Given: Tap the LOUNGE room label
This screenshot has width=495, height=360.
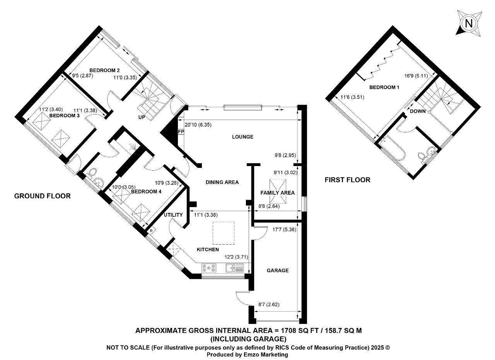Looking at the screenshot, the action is (242, 137).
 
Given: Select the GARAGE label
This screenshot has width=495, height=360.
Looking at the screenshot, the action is (277, 271).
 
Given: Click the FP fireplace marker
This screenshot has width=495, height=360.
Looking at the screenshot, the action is (181, 132).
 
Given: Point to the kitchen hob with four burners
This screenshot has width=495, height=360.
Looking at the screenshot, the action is (208, 268).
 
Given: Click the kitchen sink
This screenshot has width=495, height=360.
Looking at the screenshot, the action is (234, 268).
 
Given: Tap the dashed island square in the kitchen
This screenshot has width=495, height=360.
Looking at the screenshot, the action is (224, 233).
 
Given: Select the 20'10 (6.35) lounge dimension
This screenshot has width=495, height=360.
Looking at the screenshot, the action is (198, 125).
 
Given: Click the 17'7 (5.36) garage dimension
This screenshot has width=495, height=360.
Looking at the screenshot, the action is (284, 230).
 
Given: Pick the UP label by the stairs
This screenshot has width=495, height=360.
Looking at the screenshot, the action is (142, 117).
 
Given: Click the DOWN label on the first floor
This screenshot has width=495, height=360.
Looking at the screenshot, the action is (418, 111).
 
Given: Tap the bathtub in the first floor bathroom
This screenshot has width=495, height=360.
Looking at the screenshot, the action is (392, 149).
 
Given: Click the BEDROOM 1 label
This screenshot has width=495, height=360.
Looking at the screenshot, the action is (384, 87).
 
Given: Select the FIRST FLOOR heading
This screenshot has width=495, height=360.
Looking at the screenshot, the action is (347, 180).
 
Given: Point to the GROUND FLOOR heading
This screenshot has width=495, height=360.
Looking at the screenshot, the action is (42, 196).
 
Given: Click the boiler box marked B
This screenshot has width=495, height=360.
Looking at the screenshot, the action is (151, 231).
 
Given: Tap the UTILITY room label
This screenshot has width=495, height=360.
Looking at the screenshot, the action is (173, 215).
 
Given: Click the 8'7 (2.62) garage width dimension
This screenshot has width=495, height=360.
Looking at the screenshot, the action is (269, 305).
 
